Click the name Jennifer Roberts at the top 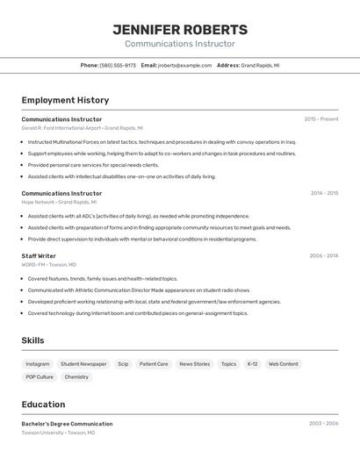coord(180,30)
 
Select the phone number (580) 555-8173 coord(118,65)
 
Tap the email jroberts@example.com coord(185,65)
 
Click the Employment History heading coord(65,100)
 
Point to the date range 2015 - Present coord(320,119)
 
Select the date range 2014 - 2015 coord(324,193)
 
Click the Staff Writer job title coord(39,256)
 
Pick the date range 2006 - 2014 coord(323,256)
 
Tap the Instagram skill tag coord(38,363)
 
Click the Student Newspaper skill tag coord(83,363)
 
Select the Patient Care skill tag coord(154,363)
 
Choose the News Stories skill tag coord(194,363)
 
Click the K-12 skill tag coord(252,363)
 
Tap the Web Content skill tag coord(283,363)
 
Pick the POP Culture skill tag coord(40,377)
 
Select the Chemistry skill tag coord(76,377)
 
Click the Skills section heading coord(32,340)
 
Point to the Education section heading coord(43,404)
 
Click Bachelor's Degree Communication coord(67,424)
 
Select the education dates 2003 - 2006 coord(323,424)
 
